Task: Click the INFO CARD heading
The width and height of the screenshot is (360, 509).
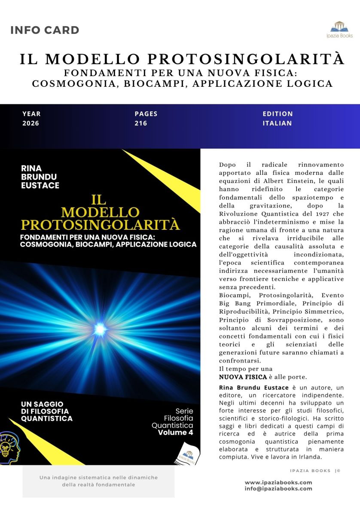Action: point(45,30)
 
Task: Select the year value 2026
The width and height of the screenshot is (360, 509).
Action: point(31,123)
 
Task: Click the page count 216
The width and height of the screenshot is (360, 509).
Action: point(141,123)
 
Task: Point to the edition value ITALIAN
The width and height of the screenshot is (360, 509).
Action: point(277,123)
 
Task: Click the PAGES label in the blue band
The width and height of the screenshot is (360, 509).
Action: point(146,114)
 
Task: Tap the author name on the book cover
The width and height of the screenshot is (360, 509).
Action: point(40,177)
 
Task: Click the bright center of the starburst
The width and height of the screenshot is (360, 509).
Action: point(100,329)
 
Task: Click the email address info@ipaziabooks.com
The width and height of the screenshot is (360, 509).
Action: point(278,489)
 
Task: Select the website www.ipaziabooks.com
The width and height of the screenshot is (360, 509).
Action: point(278,482)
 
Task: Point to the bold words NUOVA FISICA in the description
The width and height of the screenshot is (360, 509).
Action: point(240,377)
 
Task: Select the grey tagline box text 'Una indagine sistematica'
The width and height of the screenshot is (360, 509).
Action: point(98,478)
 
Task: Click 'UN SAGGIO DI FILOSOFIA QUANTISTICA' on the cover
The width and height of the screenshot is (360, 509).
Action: point(46,411)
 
